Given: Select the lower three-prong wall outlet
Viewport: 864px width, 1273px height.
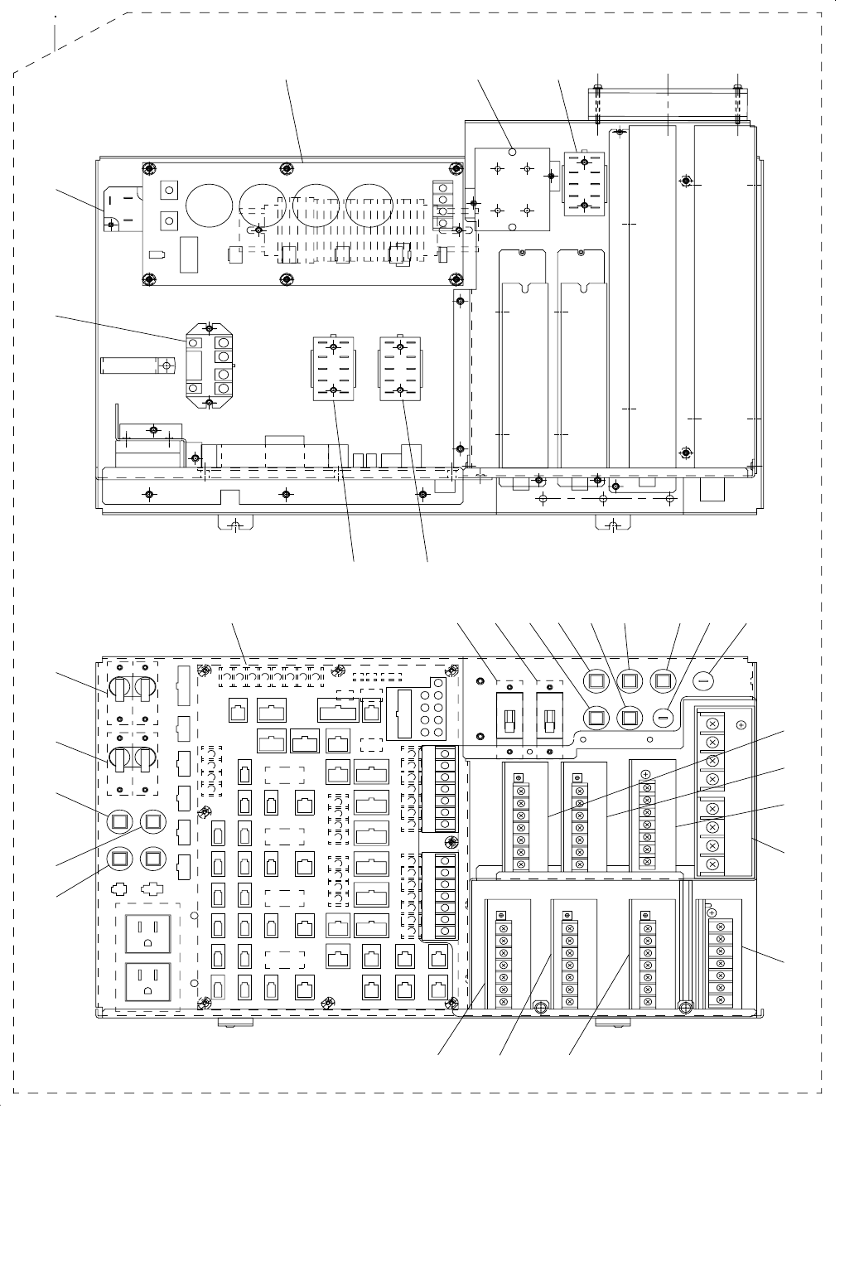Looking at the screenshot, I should [x=147, y=983].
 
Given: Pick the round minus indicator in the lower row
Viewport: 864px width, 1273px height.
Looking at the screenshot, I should [x=664, y=715].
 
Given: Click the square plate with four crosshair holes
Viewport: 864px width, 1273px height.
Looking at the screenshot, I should [x=511, y=190].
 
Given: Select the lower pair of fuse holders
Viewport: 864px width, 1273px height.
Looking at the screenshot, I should [x=132, y=759].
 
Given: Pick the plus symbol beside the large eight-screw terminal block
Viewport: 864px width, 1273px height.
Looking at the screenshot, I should [x=741, y=724].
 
